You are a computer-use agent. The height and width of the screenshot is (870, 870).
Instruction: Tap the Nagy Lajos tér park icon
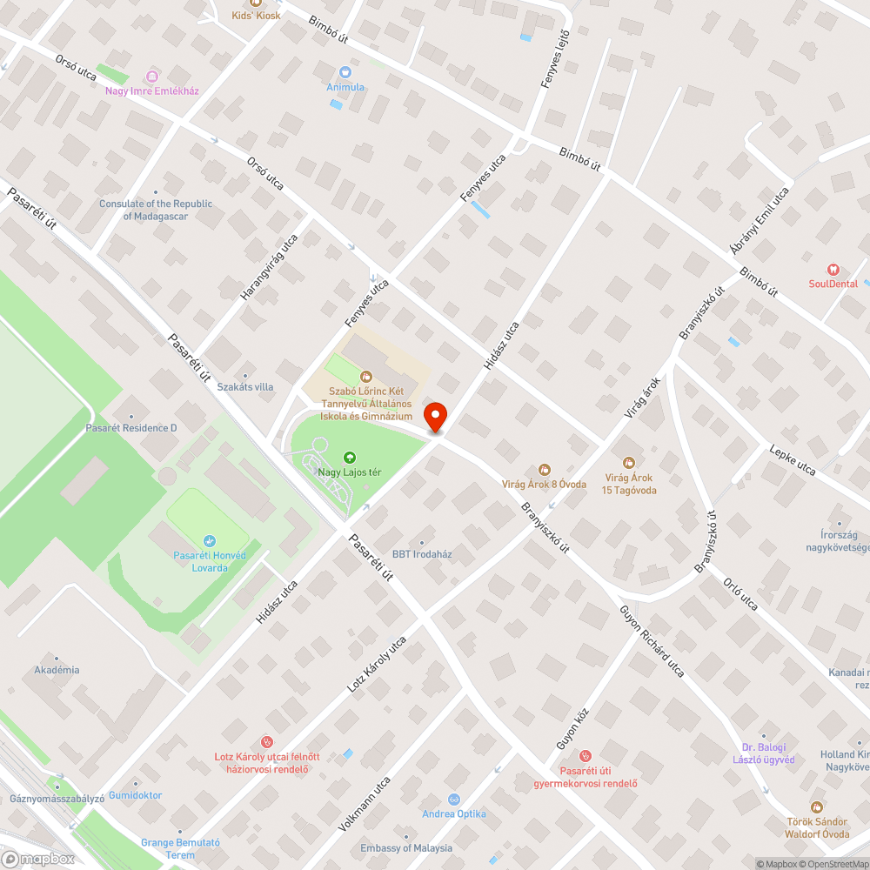pyautogui.click(x=350, y=457)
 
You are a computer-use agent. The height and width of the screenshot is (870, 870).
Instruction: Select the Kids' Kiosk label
pyautogui.click(x=256, y=16)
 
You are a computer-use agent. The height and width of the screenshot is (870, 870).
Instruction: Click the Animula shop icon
pyautogui.click(x=345, y=72)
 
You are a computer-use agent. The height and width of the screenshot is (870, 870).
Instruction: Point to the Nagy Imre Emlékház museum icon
pyautogui.click(x=152, y=77)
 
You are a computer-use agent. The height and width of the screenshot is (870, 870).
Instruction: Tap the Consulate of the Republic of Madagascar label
pyautogui.click(x=156, y=210)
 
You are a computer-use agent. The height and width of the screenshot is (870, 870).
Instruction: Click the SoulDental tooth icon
pyautogui.click(x=833, y=270)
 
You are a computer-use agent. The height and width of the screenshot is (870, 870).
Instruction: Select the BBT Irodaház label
pyautogui.click(x=422, y=554)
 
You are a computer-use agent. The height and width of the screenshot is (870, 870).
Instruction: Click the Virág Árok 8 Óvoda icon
pyautogui.click(x=545, y=470)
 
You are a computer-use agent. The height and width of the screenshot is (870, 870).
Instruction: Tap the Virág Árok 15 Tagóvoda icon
pyautogui.click(x=629, y=462)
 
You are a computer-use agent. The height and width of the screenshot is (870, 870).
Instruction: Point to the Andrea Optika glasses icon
pyautogui.click(x=453, y=799)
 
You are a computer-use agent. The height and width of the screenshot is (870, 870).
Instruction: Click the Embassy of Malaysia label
pyautogui.click(x=406, y=848)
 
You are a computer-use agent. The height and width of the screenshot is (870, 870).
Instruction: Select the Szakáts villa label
pyautogui.click(x=245, y=386)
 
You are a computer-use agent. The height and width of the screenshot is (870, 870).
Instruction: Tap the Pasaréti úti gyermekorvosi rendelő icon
pyautogui.click(x=586, y=756)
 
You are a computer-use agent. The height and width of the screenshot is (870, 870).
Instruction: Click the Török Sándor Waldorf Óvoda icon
pyautogui.click(x=816, y=806)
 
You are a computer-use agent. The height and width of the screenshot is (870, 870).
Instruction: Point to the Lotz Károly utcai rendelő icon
pyautogui.click(x=268, y=742)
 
